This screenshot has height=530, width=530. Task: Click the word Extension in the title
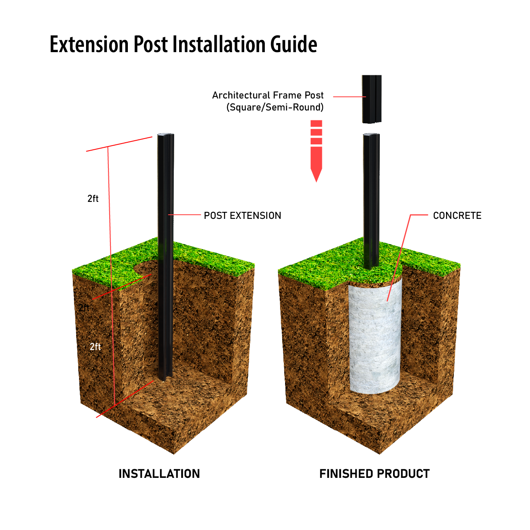(89, 44)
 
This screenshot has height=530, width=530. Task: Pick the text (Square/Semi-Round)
(275, 108)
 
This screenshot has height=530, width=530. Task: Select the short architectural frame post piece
(372, 99)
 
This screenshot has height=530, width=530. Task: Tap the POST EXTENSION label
(242, 216)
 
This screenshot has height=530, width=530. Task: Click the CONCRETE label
(457, 216)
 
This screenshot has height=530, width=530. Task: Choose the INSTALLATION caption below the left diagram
(159, 474)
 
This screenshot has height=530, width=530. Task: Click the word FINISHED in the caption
(346, 474)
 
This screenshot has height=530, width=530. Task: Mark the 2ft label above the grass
(93, 199)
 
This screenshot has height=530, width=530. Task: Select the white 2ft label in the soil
(96, 347)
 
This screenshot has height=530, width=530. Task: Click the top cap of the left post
(165, 135)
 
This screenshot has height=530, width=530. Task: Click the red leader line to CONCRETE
(399, 257)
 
